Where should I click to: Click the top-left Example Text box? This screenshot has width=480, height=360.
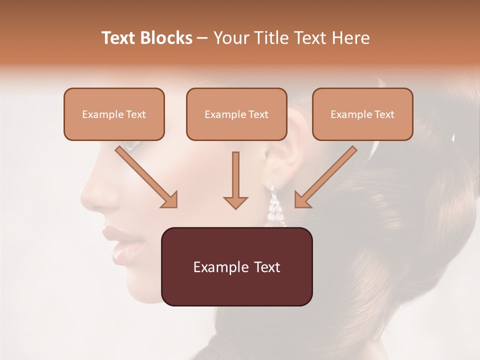pos(114,114)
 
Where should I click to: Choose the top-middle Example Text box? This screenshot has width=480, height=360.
pos(236,114)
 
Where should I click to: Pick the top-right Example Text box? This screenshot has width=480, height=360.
pos(362,114)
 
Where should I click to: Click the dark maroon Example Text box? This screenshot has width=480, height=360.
pos(236,266)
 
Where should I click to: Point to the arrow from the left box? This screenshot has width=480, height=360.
pos(145,176)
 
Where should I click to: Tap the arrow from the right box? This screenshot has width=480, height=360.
pos(327,176)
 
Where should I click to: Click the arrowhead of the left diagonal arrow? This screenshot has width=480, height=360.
pos(170,200)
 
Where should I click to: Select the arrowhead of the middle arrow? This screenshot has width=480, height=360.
pos(235,202)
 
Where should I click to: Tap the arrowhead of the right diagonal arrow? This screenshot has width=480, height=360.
pos(302,200)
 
